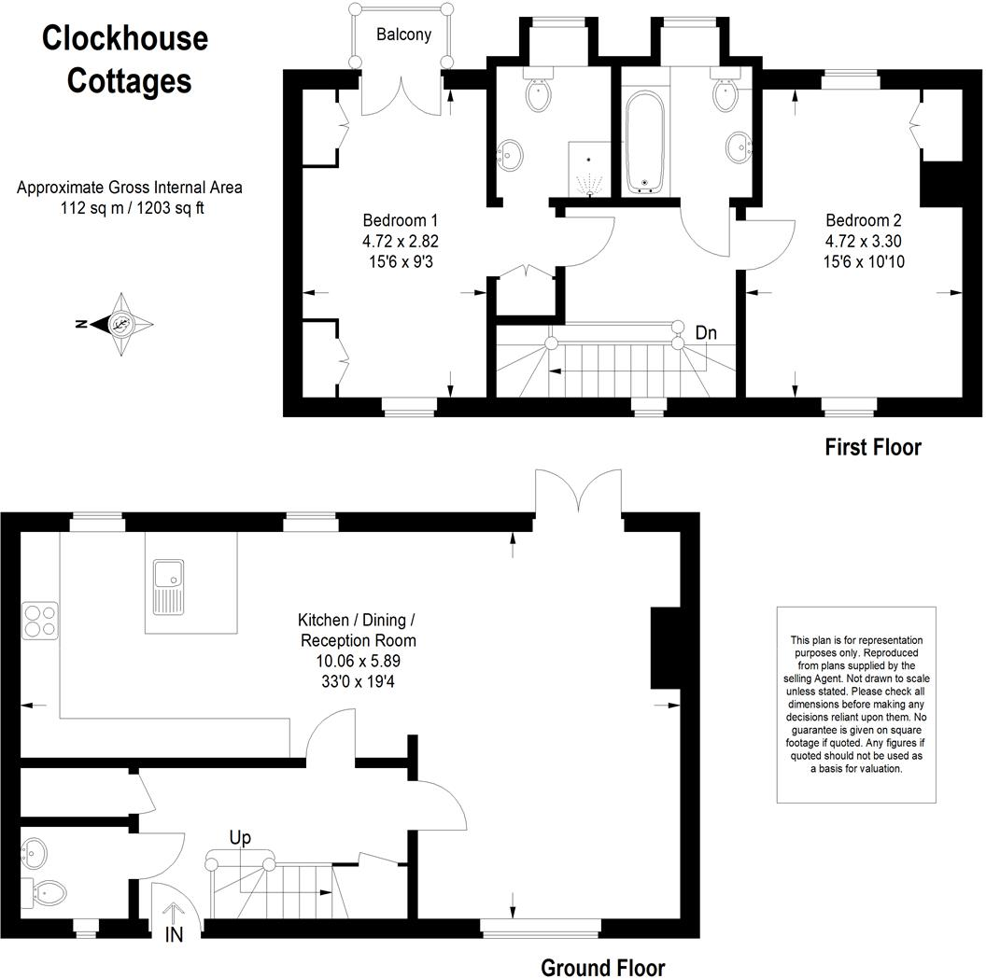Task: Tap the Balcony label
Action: [x=403, y=35]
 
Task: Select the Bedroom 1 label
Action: [x=400, y=221]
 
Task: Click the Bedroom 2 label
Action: [x=863, y=221]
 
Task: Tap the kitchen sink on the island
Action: [x=170, y=585]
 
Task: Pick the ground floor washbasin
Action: [x=35, y=851]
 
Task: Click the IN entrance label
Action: [x=175, y=933]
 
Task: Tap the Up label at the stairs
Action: [x=240, y=838]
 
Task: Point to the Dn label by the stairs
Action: [x=706, y=332]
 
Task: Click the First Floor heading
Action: [x=872, y=447]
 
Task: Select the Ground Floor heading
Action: [x=602, y=967]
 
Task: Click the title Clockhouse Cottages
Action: [x=125, y=60]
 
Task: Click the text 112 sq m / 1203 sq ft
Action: [x=129, y=207]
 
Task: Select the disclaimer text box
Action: [x=855, y=704]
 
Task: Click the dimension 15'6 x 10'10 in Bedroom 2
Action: [x=863, y=262]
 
